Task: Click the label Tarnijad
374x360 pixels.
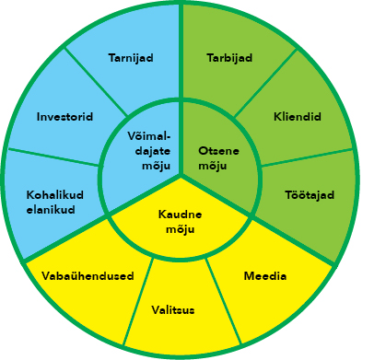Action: click(x=131, y=58)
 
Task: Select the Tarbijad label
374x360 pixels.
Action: click(x=229, y=58)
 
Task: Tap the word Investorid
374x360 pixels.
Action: click(x=64, y=117)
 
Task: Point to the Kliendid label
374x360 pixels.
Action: click(x=298, y=117)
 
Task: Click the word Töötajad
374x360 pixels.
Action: click(x=310, y=195)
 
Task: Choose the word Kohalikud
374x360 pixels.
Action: click(x=55, y=195)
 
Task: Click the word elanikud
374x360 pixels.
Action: click(x=51, y=210)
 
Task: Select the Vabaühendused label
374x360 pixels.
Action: click(x=88, y=276)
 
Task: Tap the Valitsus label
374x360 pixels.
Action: click(x=173, y=309)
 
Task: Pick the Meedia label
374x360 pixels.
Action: click(x=265, y=276)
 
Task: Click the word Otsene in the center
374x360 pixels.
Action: click(x=218, y=151)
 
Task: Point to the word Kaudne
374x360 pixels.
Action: click(x=180, y=214)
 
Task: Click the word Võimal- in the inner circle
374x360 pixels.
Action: click(x=149, y=136)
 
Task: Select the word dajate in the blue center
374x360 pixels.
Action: click(x=153, y=151)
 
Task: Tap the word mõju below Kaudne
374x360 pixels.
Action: click(x=181, y=229)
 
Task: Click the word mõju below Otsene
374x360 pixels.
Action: click(x=213, y=166)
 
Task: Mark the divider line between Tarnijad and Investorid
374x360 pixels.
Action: click(x=96, y=82)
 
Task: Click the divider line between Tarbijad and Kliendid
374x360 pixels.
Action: click(x=266, y=83)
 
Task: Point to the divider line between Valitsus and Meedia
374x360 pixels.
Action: click(x=223, y=301)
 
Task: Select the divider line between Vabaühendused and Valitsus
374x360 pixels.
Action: click(x=138, y=301)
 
